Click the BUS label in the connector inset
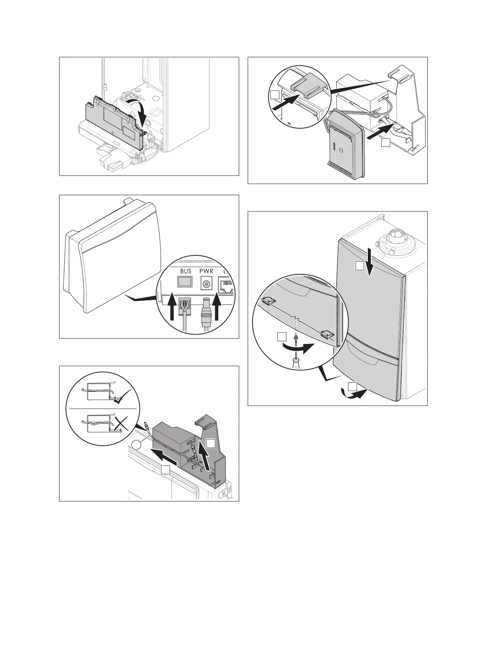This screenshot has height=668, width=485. (186, 271)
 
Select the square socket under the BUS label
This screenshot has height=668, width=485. (185, 283)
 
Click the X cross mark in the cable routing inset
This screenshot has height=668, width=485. (123, 423)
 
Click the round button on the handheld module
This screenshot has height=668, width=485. (344, 150)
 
